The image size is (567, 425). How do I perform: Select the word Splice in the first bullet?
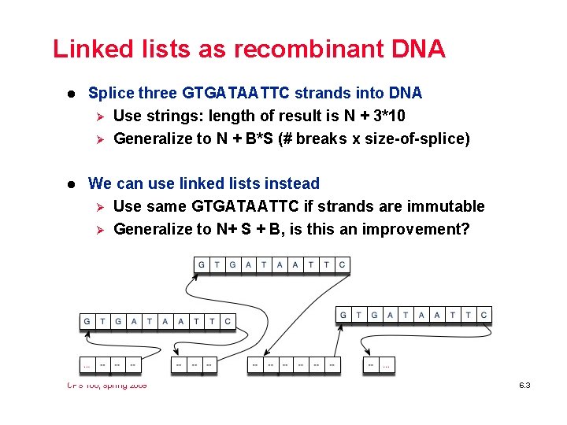(111, 93)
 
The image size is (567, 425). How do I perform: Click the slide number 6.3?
(525, 386)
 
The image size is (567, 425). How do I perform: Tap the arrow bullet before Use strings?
(98, 116)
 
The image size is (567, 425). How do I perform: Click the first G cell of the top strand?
(202, 265)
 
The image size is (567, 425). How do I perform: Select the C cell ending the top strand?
(342, 265)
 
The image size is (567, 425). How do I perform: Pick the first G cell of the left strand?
(87, 321)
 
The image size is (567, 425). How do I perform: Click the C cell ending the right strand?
(484, 315)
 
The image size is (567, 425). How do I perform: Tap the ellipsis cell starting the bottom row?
(87, 365)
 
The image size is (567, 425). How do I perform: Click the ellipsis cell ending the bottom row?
(387, 365)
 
